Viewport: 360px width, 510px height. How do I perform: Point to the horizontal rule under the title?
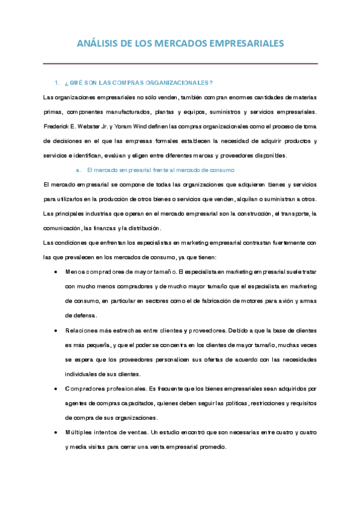click(x=180, y=63)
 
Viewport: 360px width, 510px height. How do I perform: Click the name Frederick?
click(x=57, y=126)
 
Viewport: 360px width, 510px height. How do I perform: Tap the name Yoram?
click(x=138, y=126)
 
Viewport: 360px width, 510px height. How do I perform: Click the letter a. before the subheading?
click(x=78, y=170)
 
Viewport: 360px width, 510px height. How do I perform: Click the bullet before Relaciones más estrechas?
click(x=56, y=330)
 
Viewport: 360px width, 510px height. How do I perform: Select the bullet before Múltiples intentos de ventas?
click(x=56, y=432)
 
